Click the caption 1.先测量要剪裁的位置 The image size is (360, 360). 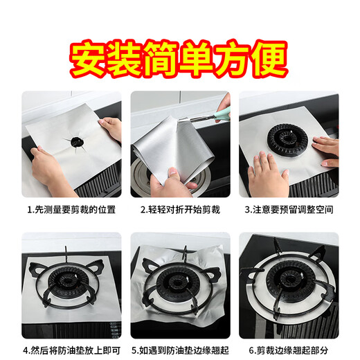click(71, 209)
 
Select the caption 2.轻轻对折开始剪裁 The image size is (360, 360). click(180, 209)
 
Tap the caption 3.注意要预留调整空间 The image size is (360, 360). click(289, 209)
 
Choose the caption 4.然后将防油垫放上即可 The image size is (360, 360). click(71, 350)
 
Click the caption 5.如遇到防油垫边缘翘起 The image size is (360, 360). click(180, 350)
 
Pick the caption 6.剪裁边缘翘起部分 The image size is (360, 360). click(289, 350)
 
